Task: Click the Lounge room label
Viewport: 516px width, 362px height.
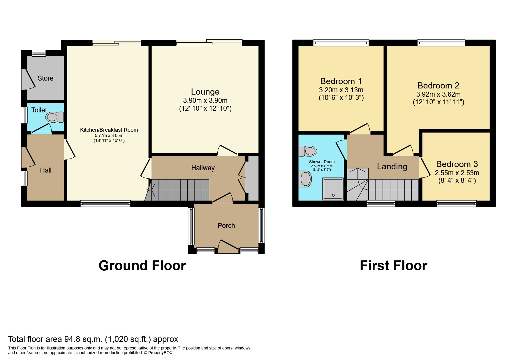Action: [x=205, y=92]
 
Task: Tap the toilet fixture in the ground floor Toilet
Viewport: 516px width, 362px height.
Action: [x=54, y=117]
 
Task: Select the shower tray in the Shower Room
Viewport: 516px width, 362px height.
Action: [x=333, y=189]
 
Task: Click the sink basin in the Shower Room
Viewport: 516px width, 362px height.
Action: [x=306, y=179]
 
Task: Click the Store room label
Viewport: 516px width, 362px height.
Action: [x=45, y=78]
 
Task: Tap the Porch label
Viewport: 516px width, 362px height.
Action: [x=226, y=226]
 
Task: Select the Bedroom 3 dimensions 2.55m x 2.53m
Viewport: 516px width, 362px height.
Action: [x=457, y=173]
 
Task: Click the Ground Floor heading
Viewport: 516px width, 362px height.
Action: [x=142, y=266]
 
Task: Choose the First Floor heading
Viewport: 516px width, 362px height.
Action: [x=393, y=266]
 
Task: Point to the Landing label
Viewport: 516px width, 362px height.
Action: [x=392, y=167]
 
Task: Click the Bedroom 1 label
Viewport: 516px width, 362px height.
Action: [x=341, y=81]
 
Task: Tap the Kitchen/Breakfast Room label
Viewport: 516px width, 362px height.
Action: [x=109, y=130]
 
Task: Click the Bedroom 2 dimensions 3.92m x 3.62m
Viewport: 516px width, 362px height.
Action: [x=438, y=95]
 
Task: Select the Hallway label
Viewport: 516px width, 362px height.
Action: [x=203, y=168]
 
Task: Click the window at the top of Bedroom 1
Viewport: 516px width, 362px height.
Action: [x=341, y=43]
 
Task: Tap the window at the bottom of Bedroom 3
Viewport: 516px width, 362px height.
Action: [x=457, y=203]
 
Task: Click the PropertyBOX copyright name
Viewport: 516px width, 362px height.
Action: [x=160, y=353]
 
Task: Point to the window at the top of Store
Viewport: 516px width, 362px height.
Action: [x=39, y=53]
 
